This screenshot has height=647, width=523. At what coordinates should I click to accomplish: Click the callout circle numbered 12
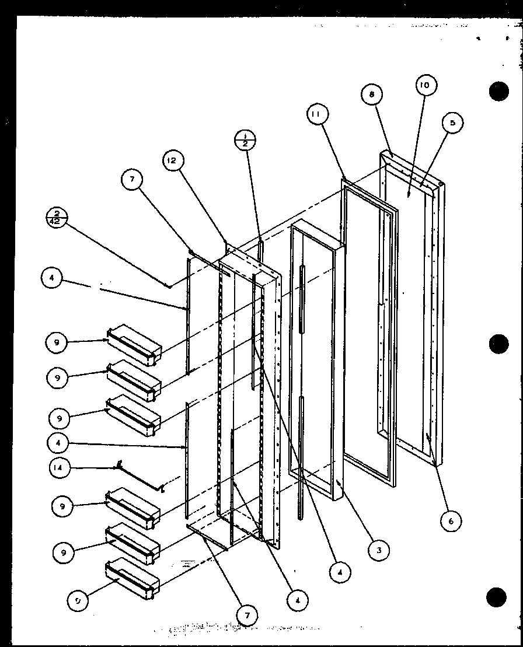[174, 160]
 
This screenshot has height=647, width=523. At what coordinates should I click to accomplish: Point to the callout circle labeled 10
[424, 86]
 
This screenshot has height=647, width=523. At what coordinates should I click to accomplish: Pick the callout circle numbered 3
[379, 549]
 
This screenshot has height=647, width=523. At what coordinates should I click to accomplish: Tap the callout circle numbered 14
[59, 467]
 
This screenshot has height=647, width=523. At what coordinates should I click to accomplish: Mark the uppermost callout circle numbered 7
[133, 181]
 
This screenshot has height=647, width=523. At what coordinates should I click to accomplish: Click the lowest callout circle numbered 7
[249, 614]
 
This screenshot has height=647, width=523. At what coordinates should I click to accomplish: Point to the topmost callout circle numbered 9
[57, 343]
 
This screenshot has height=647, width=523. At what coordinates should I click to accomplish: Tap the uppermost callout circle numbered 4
[52, 279]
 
